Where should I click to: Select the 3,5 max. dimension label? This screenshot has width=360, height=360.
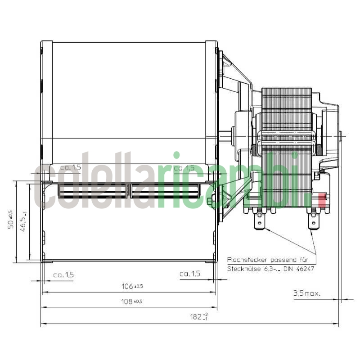[306, 294]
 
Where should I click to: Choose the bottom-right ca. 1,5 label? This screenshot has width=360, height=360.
[189, 274]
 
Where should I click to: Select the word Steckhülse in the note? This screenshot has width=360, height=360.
[242, 269]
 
